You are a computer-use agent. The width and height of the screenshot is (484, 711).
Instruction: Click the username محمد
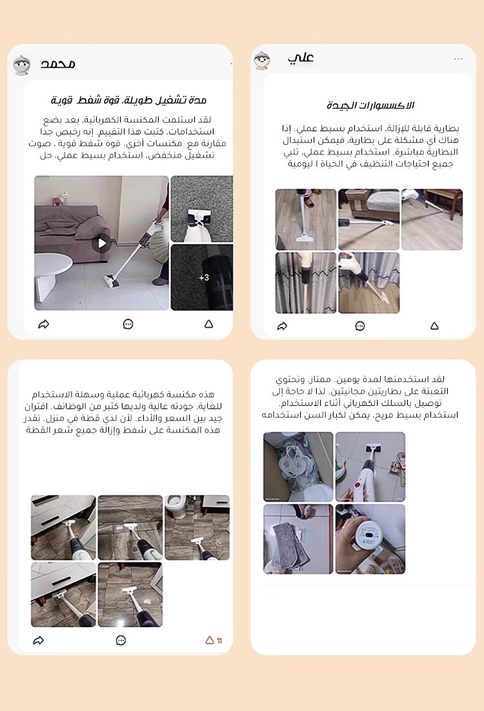(x=58, y=63)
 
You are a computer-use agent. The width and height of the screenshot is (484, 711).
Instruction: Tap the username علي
(x=301, y=58)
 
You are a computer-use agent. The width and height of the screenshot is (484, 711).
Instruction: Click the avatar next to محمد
(x=22, y=65)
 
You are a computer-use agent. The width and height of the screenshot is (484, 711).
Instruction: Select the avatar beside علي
(x=261, y=60)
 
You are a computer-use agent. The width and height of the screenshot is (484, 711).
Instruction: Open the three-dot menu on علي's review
(x=458, y=59)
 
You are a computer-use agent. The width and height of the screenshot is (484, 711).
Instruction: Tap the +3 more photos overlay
(x=203, y=277)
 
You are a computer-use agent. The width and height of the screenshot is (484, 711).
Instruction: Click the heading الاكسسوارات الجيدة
(x=370, y=105)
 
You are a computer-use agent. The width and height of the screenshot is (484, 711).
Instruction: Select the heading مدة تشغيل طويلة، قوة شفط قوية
(x=128, y=100)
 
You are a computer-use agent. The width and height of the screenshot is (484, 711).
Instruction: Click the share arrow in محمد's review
(x=43, y=324)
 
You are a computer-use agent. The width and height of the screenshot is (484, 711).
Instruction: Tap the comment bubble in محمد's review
(x=128, y=324)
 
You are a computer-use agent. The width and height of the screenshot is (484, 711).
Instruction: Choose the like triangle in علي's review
(x=434, y=326)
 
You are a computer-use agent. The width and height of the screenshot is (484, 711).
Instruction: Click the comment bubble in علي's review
(x=360, y=326)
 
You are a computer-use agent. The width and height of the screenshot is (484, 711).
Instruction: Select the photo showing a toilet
(x=197, y=527)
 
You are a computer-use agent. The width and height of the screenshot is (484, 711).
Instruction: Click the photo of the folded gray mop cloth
(x=298, y=538)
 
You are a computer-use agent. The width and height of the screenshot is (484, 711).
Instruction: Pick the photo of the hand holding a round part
(x=370, y=538)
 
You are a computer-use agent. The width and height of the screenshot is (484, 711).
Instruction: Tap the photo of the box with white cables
(x=298, y=467)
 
